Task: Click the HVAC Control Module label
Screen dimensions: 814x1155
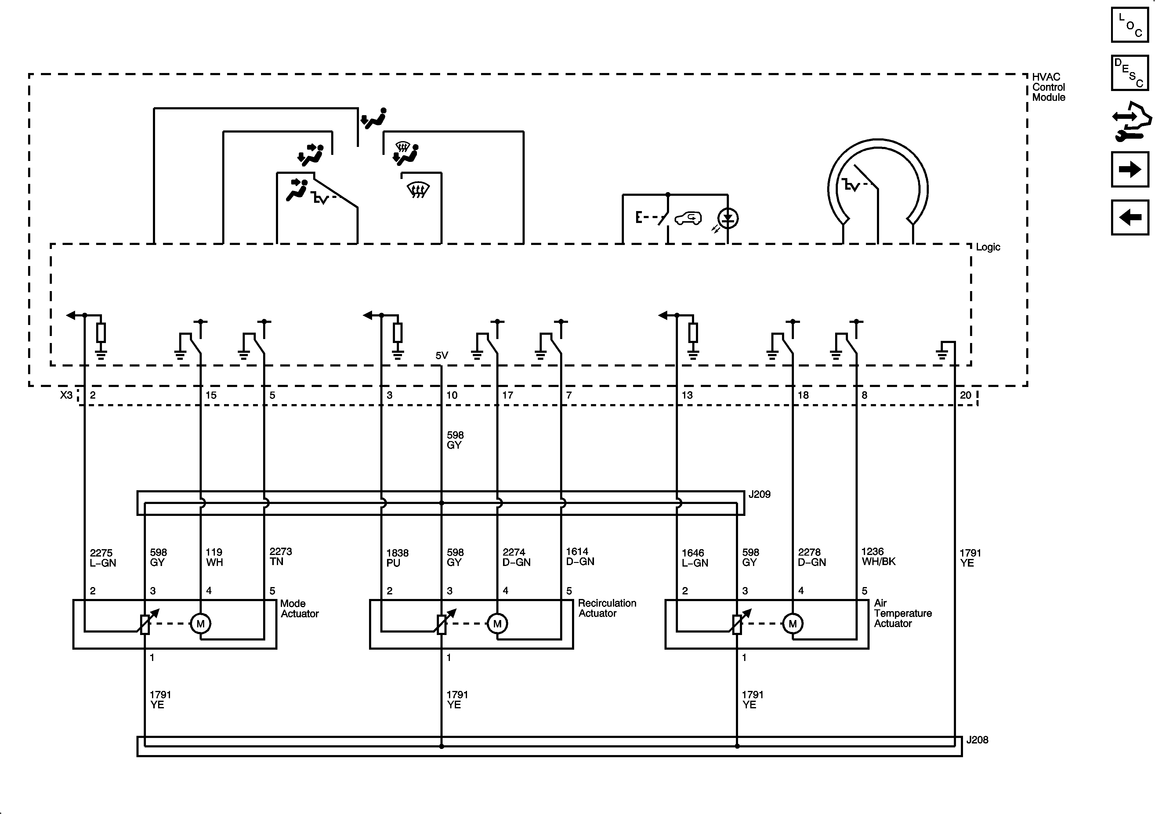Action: point(1048,87)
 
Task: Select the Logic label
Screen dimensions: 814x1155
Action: point(987,247)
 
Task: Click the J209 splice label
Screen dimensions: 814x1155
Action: point(759,494)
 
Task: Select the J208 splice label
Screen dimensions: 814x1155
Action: point(977,740)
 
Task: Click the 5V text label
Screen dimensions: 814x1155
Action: point(442,356)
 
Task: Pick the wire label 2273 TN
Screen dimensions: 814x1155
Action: point(280,556)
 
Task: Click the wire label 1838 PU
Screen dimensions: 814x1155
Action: point(397,558)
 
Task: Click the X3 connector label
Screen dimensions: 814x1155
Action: point(67,395)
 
